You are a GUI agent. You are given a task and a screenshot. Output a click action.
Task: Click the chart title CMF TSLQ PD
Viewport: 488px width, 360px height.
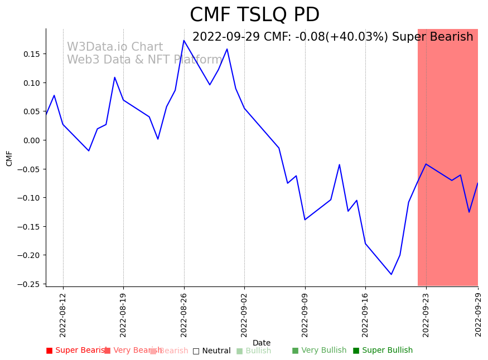(254, 15)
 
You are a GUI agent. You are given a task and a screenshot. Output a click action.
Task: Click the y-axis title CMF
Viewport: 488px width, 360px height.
(9, 158)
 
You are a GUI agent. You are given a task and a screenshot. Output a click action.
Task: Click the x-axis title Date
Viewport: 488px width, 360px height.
(261, 343)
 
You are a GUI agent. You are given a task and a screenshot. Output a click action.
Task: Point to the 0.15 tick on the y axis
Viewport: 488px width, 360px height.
(31, 54)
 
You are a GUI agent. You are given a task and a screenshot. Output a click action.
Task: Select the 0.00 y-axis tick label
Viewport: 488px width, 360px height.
(31, 140)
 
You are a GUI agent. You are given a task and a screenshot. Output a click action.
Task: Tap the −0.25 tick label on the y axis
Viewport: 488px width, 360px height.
(29, 284)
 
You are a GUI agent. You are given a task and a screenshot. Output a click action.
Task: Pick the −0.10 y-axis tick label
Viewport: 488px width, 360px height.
(29, 198)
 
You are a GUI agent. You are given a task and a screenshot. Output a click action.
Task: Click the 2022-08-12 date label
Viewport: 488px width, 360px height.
(63, 315)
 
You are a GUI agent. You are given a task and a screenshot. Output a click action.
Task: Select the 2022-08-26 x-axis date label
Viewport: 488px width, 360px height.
(184, 315)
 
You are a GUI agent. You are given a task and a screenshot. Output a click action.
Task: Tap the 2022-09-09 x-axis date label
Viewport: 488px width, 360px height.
(305, 315)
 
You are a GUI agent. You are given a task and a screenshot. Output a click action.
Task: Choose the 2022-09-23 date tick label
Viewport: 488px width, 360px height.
(426, 315)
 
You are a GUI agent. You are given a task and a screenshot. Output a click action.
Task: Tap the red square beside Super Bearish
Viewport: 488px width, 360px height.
(49, 351)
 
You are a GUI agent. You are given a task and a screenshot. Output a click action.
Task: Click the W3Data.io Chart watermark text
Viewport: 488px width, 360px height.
(115, 47)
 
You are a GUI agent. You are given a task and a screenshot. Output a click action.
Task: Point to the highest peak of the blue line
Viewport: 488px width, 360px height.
(184, 40)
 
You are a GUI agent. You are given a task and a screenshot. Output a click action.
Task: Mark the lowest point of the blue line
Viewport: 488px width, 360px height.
(391, 274)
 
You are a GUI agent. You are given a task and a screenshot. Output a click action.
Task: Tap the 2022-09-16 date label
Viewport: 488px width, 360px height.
(365, 315)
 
